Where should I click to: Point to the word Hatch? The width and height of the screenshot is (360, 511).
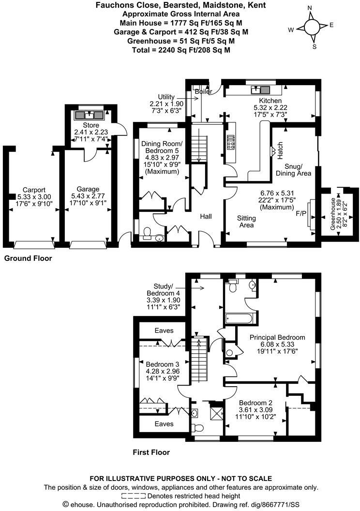(280, 150)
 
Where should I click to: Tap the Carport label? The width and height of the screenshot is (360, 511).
(31, 190)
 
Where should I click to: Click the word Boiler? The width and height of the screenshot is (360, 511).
(201, 91)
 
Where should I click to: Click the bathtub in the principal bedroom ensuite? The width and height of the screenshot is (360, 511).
(238, 318)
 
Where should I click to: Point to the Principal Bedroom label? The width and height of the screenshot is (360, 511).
(277, 337)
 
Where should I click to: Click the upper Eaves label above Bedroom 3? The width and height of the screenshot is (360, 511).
(164, 331)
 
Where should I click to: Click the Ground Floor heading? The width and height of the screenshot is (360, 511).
(28, 258)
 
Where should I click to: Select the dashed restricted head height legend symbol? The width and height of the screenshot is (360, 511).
(134, 496)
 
